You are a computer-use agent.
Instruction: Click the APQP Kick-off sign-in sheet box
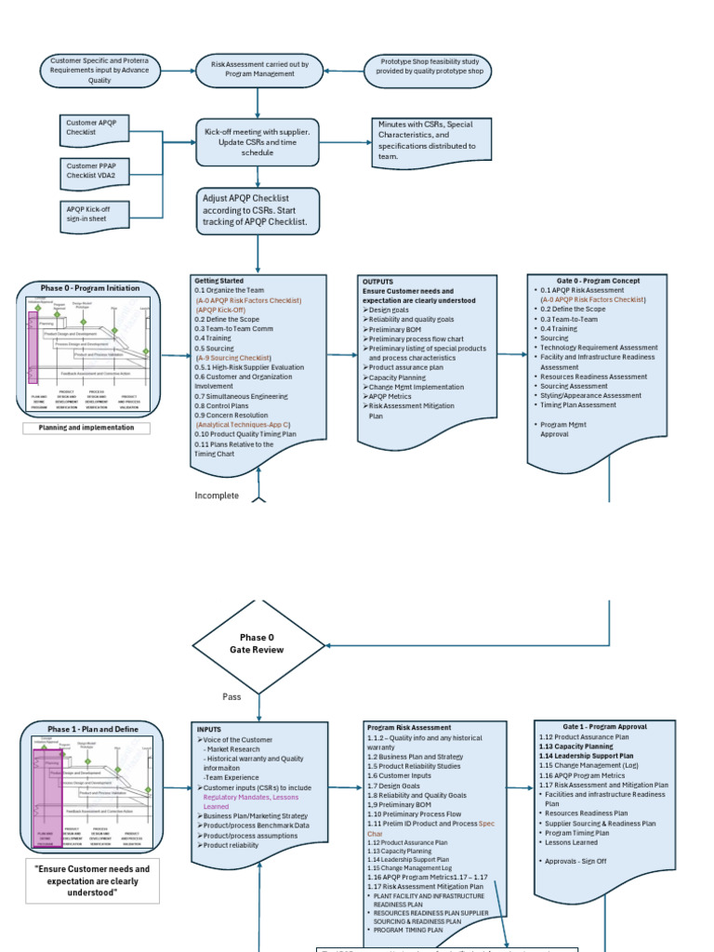(97, 214)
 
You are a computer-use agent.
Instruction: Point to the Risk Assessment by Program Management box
(259, 70)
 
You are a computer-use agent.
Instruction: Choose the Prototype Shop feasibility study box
(430, 70)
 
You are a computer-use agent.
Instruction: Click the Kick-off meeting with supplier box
(258, 142)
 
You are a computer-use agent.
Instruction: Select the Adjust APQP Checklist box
(258, 211)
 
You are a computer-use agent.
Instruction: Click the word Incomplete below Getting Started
(217, 496)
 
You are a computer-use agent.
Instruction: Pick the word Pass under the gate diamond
(231, 696)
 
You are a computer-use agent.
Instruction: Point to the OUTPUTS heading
(378, 281)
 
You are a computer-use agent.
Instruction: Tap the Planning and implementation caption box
(86, 428)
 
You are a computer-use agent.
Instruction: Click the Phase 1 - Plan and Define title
(93, 729)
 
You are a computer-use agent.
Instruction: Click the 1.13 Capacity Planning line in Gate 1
(575, 747)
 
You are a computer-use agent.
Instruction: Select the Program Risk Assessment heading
(409, 727)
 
